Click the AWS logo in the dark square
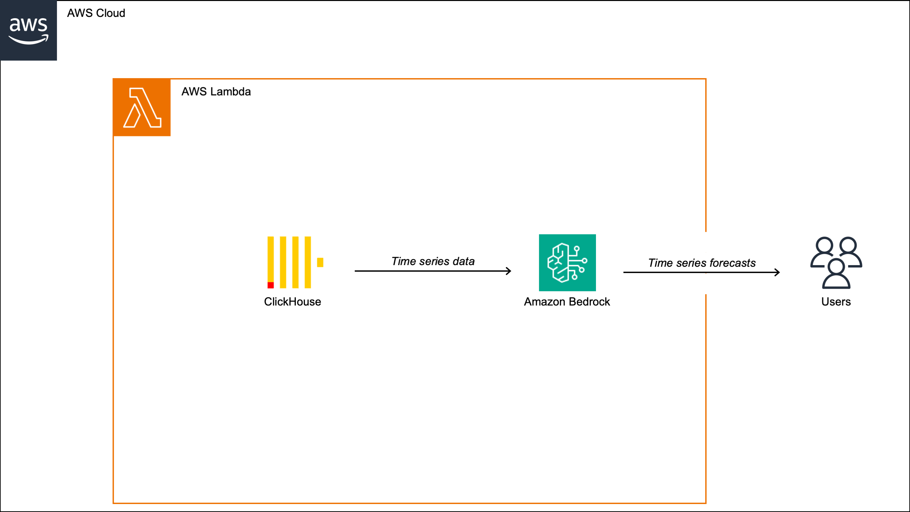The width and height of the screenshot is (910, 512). (28, 30)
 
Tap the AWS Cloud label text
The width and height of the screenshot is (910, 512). (96, 13)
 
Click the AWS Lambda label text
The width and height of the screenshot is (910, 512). (216, 92)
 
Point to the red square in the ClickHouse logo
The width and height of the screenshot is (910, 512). (271, 285)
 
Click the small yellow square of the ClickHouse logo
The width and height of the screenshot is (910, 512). (320, 262)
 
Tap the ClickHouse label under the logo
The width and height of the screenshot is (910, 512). (293, 302)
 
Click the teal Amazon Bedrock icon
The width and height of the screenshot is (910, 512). (567, 262)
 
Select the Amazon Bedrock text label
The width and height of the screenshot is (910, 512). (567, 302)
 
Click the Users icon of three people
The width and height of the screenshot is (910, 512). (836, 262)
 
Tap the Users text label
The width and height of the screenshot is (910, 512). (836, 302)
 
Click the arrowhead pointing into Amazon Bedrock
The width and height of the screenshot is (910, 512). (509, 271)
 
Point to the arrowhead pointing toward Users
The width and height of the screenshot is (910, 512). (777, 272)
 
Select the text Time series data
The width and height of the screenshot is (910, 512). (433, 261)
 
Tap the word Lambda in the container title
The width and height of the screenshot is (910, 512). (231, 92)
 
